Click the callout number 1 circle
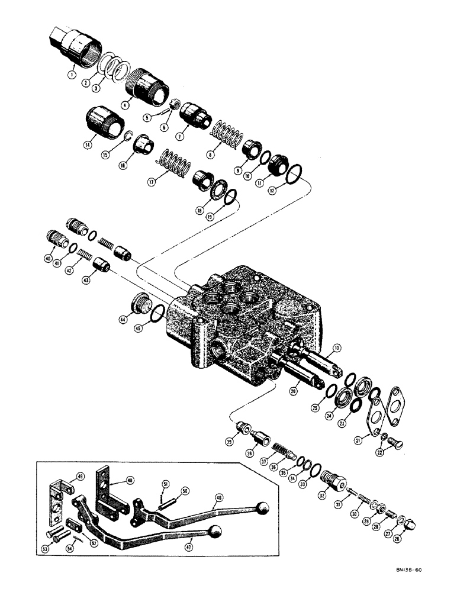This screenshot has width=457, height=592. [x=72, y=76]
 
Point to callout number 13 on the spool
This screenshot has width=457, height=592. [x=336, y=347]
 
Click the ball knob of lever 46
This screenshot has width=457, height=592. [x=263, y=509]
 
